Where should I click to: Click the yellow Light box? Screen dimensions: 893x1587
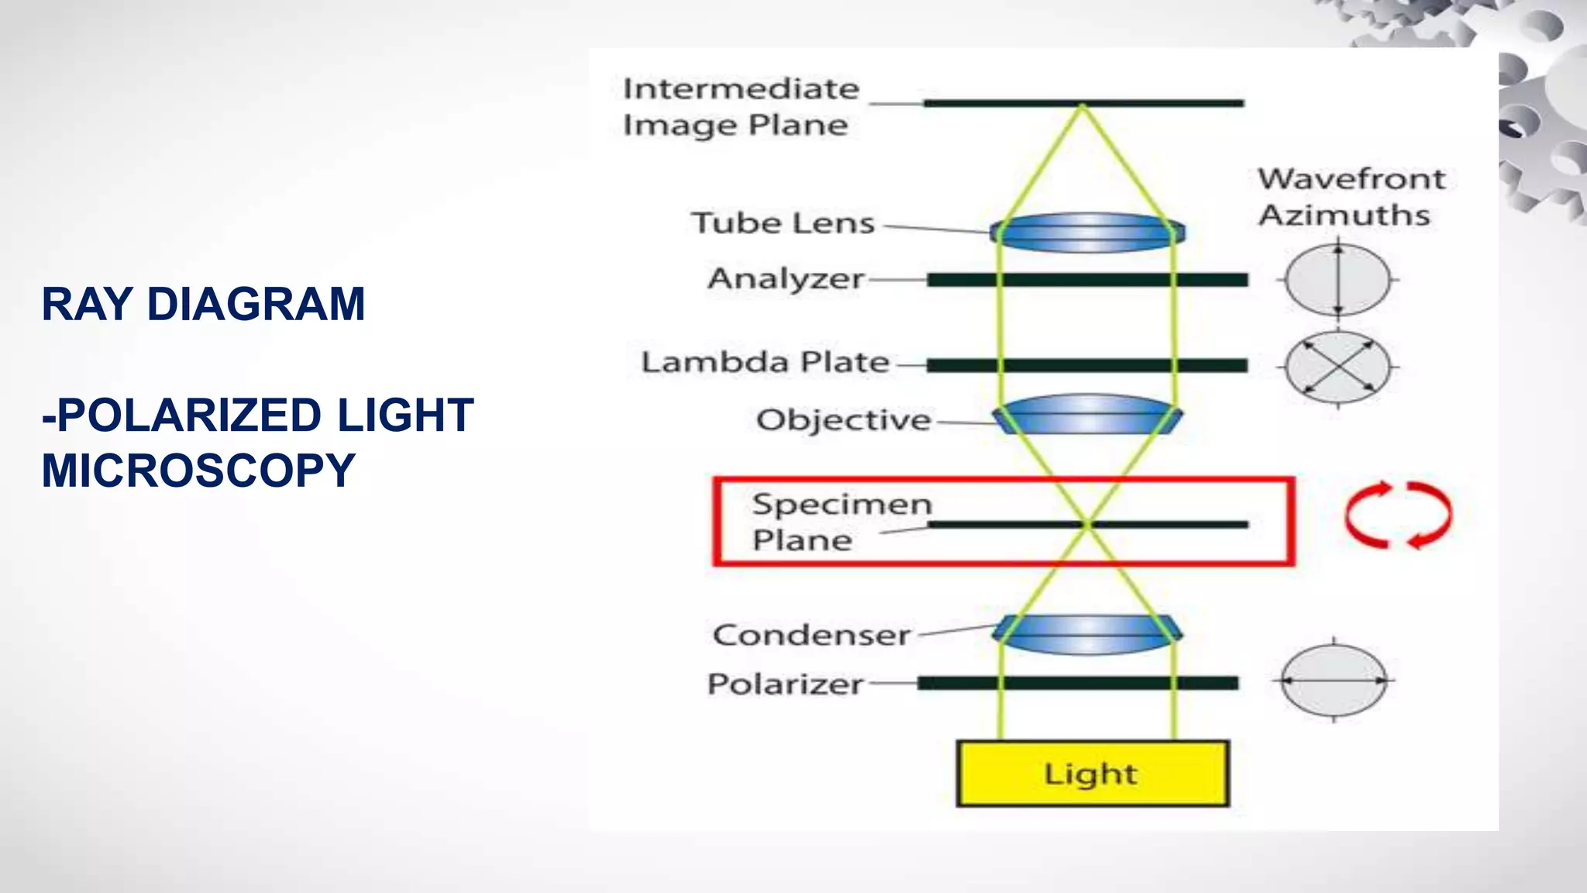pos(1093,774)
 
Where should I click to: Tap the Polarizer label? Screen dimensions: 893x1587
pos(785,684)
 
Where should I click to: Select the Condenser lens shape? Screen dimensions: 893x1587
pos(1087,633)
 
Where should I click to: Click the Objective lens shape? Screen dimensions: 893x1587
pos(1087,415)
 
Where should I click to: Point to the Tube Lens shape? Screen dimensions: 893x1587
pos(1087,233)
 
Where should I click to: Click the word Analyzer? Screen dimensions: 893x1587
pos(786,279)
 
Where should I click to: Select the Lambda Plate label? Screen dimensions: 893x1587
pos(765,362)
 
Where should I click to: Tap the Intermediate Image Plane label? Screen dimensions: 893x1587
pos(740,107)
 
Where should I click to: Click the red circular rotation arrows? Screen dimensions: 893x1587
pos(1398,515)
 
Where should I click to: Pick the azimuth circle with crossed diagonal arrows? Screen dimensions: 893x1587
pos(1337,367)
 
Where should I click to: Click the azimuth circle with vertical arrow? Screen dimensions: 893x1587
pos(1337,280)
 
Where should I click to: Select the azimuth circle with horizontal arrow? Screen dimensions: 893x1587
pos(1334,681)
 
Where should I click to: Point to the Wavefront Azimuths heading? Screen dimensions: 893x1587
pos(1351,197)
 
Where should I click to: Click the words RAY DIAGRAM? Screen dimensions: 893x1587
pos(203,304)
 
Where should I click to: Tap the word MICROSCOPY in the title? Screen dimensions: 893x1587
pos(198,471)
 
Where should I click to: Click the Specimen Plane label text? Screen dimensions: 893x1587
pos(841,522)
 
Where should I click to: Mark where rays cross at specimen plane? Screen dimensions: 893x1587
pos(1087,525)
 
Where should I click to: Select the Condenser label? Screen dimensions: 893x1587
pos(811,636)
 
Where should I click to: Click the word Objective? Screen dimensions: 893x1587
pos(843,420)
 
